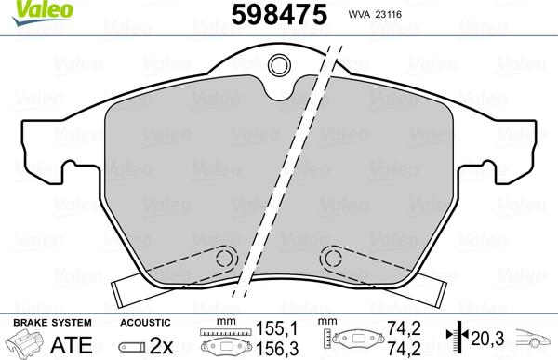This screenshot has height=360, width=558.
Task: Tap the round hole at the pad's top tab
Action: (x=279, y=66)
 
